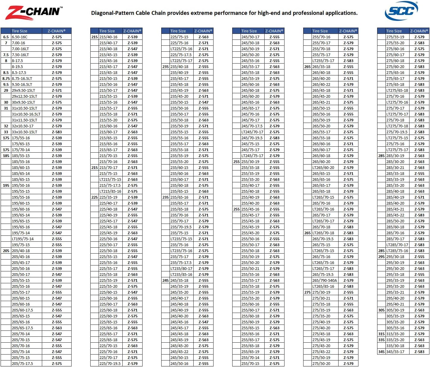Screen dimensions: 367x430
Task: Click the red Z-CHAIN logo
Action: [x=33, y=13]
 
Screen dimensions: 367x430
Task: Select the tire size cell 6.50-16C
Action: [x=20, y=37]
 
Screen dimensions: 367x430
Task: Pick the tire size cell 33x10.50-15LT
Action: [x=25, y=132]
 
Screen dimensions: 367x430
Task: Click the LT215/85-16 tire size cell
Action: [x=110, y=192]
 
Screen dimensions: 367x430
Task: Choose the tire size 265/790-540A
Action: [x=325, y=281]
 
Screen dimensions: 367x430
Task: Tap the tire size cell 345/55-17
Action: [x=395, y=352]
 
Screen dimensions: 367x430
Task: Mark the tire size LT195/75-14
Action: [x=23, y=239]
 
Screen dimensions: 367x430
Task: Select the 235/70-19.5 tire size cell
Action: [x=181, y=227]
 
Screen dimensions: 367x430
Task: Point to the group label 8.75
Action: [x=6, y=79]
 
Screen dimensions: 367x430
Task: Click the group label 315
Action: [x=381, y=334]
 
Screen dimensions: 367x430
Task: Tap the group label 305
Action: [x=381, y=310]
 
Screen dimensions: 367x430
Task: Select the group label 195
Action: [x=6, y=186]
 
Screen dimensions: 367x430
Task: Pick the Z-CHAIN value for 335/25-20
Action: [x=419, y=340]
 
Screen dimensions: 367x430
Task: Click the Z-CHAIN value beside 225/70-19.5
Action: [x=132, y=364]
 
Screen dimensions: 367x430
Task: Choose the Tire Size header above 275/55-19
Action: [x=394, y=31]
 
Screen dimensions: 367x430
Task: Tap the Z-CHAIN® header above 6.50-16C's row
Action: [x=56, y=31]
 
